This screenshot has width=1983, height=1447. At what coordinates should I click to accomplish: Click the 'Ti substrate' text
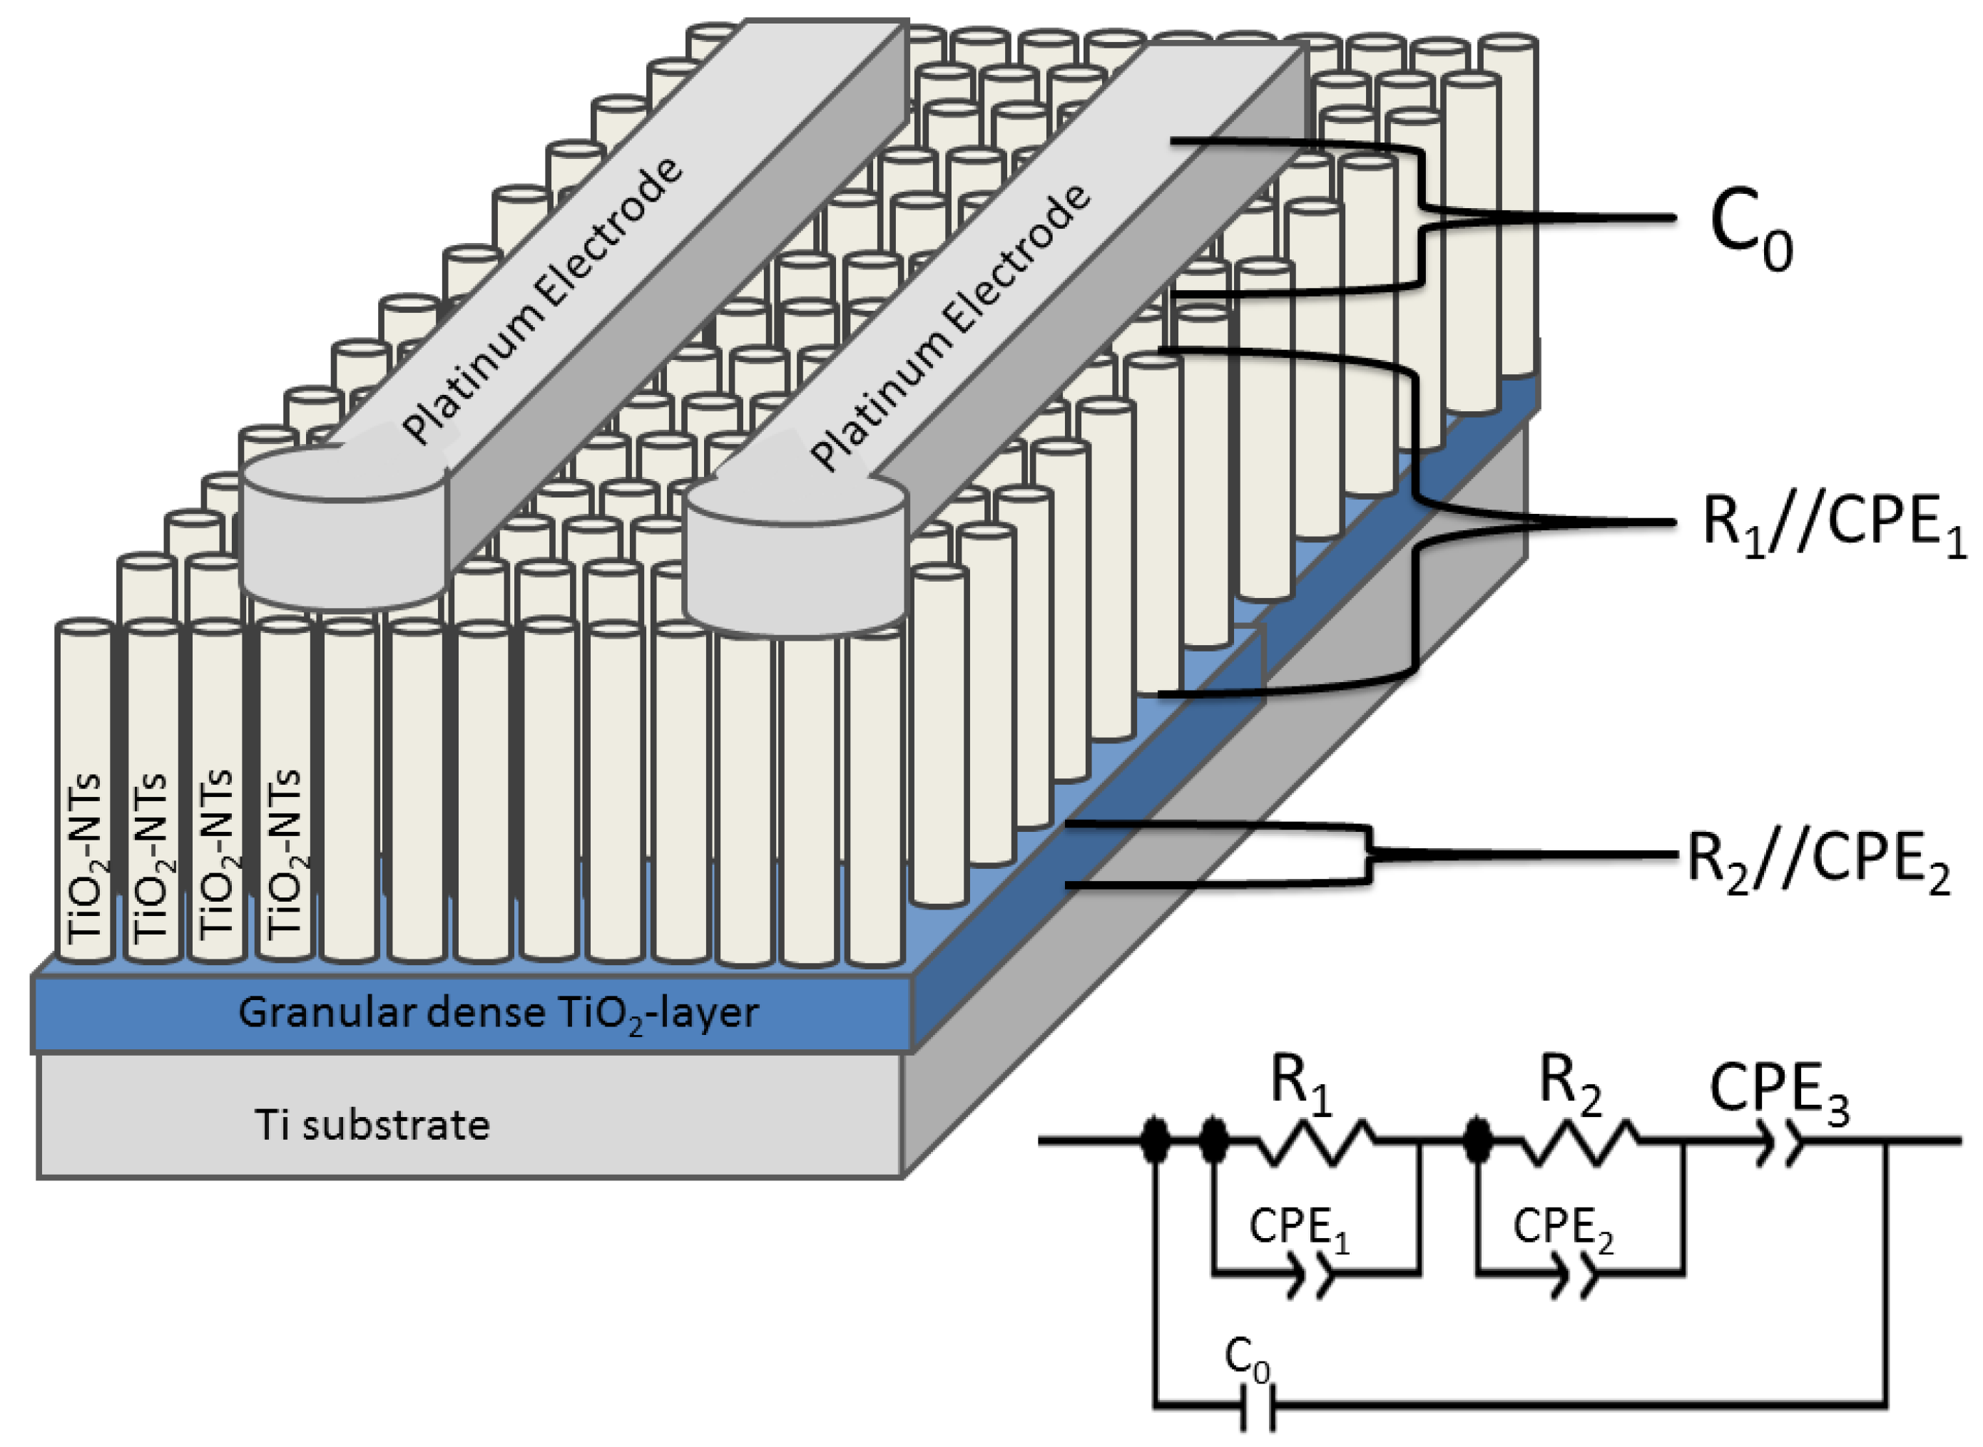(372, 1125)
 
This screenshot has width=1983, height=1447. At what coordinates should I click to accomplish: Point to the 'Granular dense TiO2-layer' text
(498, 1014)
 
